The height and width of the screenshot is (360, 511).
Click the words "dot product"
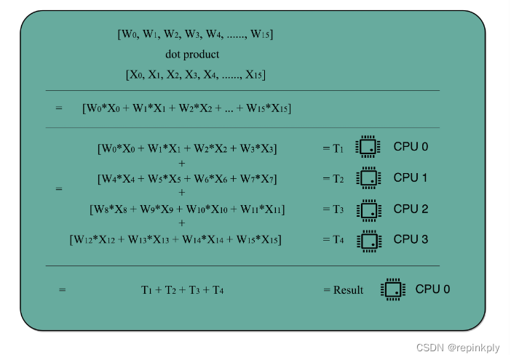click(x=192, y=55)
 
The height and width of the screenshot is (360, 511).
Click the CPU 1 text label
click(x=411, y=177)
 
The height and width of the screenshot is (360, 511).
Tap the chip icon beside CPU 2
click(x=368, y=209)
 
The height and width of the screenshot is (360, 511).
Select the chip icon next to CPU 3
click(x=368, y=240)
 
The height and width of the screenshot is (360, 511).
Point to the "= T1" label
click(x=333, y=148)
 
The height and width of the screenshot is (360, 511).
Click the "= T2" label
click(x=333, y=179)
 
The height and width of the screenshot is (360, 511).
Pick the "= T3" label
click(x=333, y=209)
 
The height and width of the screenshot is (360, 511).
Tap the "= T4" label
click(x=333, y=240)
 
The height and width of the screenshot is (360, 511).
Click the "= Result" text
click(x=343, y=290)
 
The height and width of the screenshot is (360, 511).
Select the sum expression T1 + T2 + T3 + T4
click(x=182, y=290)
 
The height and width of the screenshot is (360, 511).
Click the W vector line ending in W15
click(x=195, y=34)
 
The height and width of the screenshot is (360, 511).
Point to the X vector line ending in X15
click(x=195, y=74)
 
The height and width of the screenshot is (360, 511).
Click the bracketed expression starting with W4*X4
click(x=187, y=179)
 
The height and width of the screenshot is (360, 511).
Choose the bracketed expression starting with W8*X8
click(x=187, y=209)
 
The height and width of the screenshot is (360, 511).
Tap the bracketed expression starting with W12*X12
click(x=175, y=240)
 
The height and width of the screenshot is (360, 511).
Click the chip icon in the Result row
click(x=392, y=289)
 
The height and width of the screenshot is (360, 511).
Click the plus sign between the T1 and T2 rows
click(x=181, y=164)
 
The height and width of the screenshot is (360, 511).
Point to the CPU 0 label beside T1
click(x=411, y=147)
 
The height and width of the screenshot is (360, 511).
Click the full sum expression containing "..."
click(x=187, y=108)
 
